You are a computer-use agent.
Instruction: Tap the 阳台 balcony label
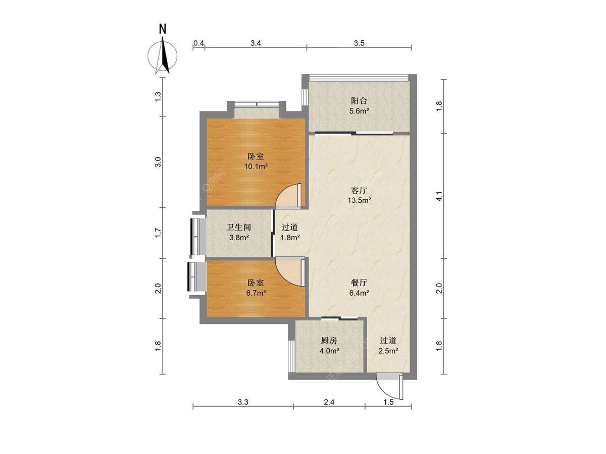coord(359,100)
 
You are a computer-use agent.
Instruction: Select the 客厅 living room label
coord(359,190)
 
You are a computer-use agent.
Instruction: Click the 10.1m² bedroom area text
coord(257,165)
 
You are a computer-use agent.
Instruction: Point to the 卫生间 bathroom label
coord(238,228)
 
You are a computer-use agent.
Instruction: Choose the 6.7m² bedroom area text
coord(256,292)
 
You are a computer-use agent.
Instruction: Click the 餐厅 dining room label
coord(359,283)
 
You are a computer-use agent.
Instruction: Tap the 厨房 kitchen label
coord(328,340)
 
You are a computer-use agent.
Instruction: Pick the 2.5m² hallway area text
coord(388,350)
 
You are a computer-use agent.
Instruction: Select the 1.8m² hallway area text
coord(290,237)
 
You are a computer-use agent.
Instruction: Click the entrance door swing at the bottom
coord(389,386)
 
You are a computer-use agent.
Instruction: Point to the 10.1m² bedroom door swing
coord(289,197)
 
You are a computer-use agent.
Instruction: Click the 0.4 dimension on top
coord(198,43)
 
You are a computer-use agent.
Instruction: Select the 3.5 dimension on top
coord(359,43)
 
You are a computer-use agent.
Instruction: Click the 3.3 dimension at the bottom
coord(243,402)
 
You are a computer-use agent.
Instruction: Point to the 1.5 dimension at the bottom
coord(388,402)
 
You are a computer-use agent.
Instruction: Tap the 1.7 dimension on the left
coord(158,233)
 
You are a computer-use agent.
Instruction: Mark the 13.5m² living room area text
coord(359,200)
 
